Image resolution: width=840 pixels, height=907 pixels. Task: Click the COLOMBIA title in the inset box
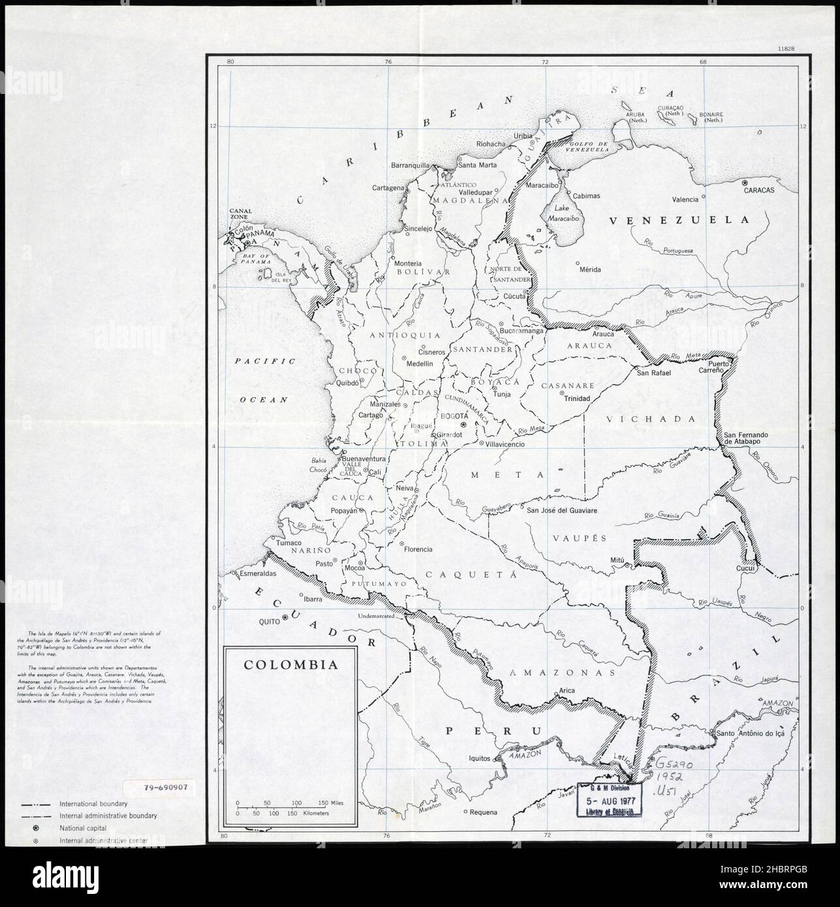coord(290,665)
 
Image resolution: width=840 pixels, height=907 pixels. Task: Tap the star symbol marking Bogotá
coord(463,425)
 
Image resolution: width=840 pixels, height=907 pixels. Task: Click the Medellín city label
coord(420,363)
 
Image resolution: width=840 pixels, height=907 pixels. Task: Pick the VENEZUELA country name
coord(679,221)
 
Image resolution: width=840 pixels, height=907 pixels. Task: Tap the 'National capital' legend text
coord(84,828)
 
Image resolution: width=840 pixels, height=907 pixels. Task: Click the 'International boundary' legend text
coord(93,803)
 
